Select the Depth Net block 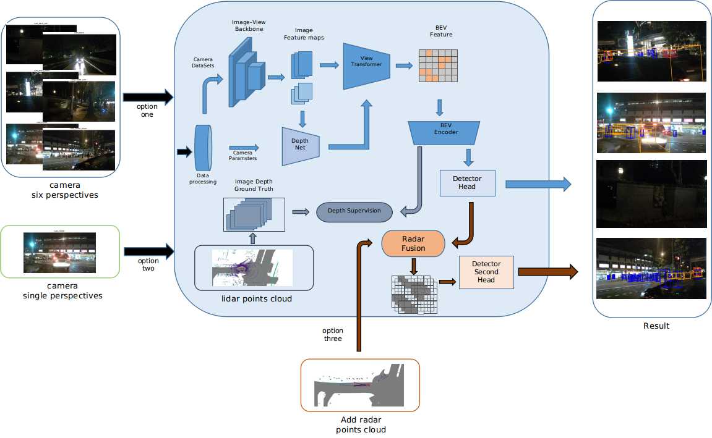301,146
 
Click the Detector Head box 467,183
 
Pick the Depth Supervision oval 354,211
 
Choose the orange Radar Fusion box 413,243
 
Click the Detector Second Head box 486,272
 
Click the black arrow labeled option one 148,97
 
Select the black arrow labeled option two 148,251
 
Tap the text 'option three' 333,335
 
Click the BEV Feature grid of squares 439,65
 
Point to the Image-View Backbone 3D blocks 246,70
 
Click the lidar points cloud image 252,267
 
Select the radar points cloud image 359,385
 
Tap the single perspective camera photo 59,252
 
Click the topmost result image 651,52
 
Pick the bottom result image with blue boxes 651,268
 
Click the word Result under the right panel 656,326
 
